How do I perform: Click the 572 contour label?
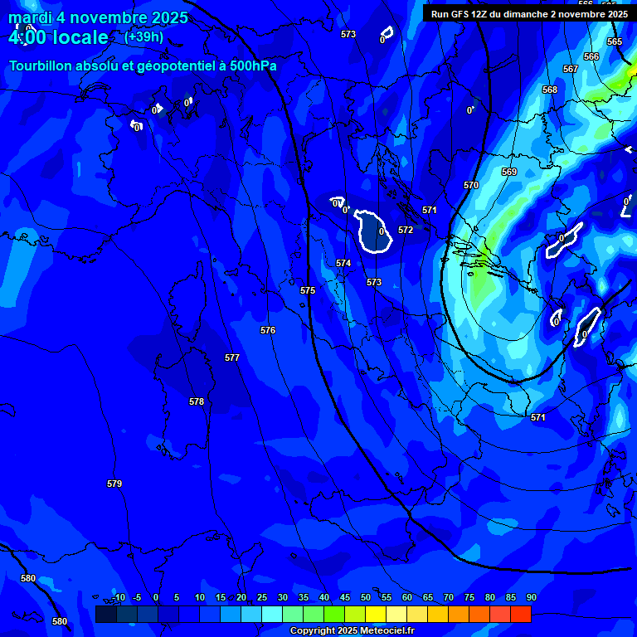[x=406, y=230]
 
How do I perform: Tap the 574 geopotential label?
[x=343, y=263]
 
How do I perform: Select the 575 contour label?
[x=308, y=291]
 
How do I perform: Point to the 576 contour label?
[x=268, y=330]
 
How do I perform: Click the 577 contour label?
[x=232, y=357]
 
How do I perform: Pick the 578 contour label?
[x=197, y=401]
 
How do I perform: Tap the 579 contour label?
[x=114, y=484]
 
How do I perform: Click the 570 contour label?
[x=471, y=185]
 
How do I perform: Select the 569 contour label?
[x=509, y=172]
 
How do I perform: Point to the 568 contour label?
[x=550, y=90]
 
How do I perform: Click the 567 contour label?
[x=571, y=69]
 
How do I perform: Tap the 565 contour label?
[x=615, y=41]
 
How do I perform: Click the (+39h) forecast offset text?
[x=143, y=37]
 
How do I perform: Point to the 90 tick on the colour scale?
[x=531, y=597]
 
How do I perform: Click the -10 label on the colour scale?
[x=119, y=597]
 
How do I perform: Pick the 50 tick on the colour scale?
[x=365, y=597]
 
